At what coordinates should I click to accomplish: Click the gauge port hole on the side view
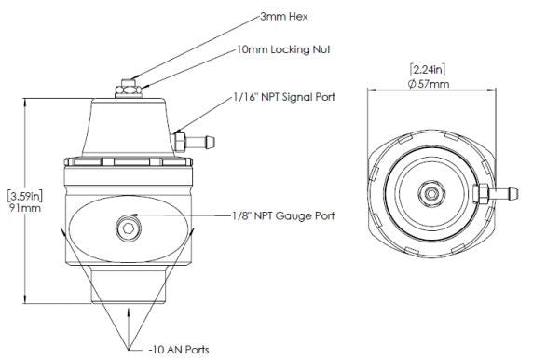click(x=129, y=228)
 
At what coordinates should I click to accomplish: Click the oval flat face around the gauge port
click(x=93, y=228)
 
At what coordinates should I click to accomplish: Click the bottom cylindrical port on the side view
click(x=128, y=284)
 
